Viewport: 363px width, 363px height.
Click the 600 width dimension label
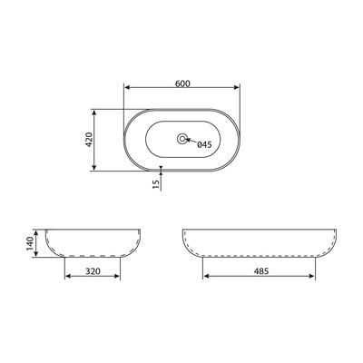[x=182, y=83]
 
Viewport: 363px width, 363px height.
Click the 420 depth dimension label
[x=89, y=140]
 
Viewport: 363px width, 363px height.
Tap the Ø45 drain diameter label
[x=204, y=145]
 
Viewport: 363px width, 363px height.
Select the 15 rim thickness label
[x=156, y=184]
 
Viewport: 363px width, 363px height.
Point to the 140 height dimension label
[x=30, y=243]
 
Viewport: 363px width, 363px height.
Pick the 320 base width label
[x=93, y=271]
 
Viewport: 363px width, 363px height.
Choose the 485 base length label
[x=261, y=271]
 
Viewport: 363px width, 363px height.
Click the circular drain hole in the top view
[x=181, y=139]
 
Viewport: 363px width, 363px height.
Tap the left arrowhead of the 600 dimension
[x=127, y=87]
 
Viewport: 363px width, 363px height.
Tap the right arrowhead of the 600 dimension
[x=237, y=87]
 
